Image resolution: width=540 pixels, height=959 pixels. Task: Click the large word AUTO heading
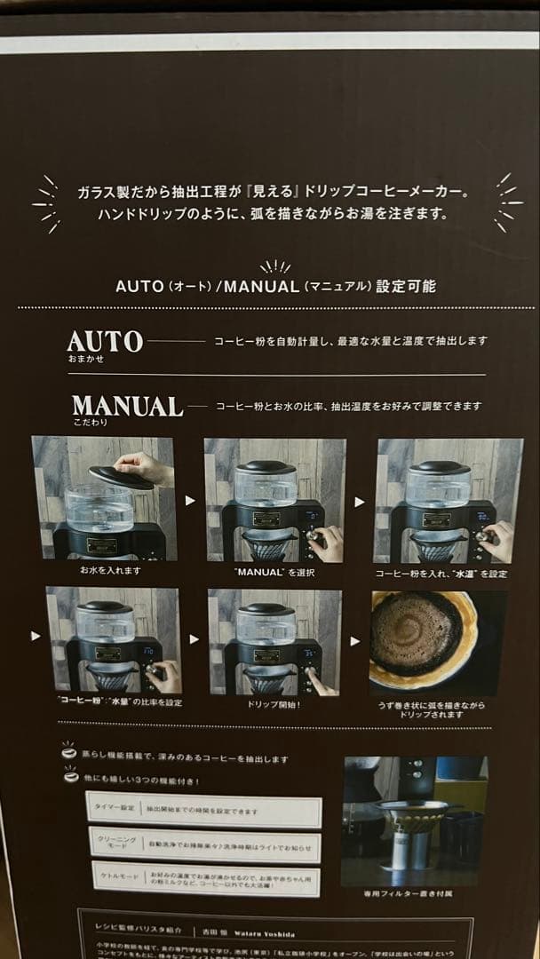(105, 341)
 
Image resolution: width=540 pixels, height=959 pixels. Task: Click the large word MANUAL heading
(127, 406)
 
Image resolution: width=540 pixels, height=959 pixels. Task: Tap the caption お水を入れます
(109, 570)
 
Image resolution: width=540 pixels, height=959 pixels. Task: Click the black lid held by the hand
(122, 476)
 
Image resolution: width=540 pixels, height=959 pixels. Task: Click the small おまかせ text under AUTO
(85, 360)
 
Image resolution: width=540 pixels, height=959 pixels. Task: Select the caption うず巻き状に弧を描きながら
(432, 704)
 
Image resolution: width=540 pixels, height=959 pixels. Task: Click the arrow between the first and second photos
(189, 501)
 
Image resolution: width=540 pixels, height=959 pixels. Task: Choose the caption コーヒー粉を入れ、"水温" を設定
(441, 574)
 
